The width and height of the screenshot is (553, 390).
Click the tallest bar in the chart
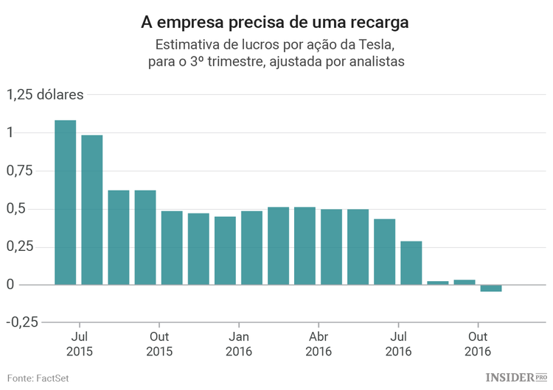65,202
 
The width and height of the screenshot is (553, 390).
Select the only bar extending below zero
490,288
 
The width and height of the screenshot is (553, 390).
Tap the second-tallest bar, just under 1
92,210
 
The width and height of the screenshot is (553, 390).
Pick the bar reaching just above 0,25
411,263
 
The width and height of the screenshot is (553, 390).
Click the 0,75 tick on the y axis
19,171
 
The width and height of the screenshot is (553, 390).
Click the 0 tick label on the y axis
10,285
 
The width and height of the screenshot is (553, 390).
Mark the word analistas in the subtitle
372,62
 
